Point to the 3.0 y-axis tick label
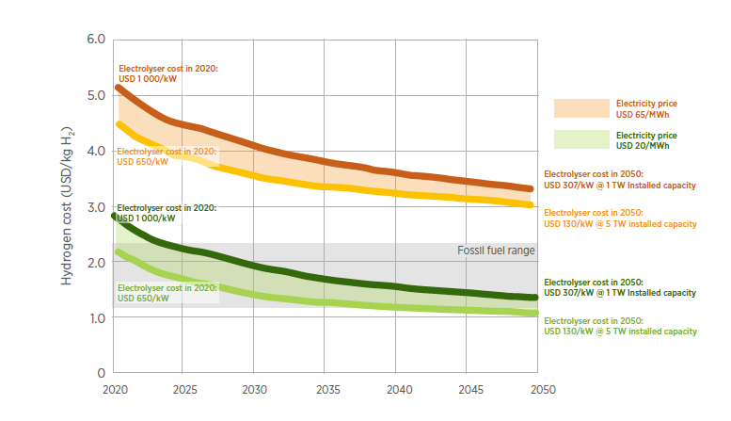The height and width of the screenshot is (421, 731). (96, 206)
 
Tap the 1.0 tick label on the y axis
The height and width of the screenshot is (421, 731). (96, 317)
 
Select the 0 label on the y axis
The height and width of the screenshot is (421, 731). (101, 373)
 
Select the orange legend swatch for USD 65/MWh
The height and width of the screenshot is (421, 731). (581, 108)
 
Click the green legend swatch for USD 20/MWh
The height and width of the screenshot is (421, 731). (581, 140)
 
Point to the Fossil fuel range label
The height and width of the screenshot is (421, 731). (495, 251)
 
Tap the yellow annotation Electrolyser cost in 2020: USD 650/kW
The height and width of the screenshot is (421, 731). (167, 155)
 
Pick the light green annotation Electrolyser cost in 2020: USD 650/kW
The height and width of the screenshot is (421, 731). (167, 293)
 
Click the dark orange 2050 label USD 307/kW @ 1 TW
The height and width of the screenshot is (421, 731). (620, 181)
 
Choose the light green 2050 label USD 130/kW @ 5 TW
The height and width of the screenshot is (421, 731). (620, 326)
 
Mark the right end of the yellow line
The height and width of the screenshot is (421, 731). (532, 204)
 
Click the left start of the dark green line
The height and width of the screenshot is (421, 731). (115, 216)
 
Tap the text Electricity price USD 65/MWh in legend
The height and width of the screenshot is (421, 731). (646, 108)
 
